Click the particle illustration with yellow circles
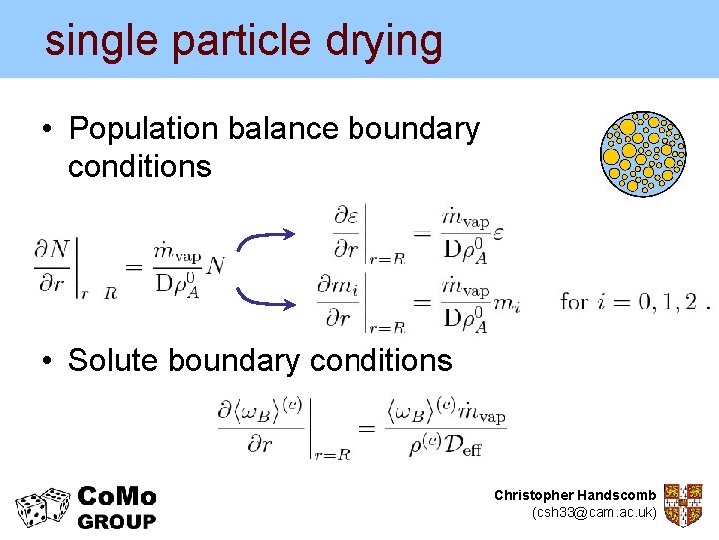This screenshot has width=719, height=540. pyautogui.click(x=644, y=153)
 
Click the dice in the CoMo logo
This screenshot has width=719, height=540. pyautogui.click(x=43, y=506)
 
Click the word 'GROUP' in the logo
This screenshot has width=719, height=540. pyautogui.click(x=117, y=521)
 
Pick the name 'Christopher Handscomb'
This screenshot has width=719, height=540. pyautogui.click(x=575, y=495)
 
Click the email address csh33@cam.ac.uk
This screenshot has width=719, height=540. pyautogui.click(x=595, y=512)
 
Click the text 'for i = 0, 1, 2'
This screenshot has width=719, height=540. pyautogui.click(x=631, y=301)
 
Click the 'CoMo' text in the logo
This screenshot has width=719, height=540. pyautogui.click(x=117, y=496)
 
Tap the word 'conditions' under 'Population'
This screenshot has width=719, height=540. pyautogui.click(x=140, y=166)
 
